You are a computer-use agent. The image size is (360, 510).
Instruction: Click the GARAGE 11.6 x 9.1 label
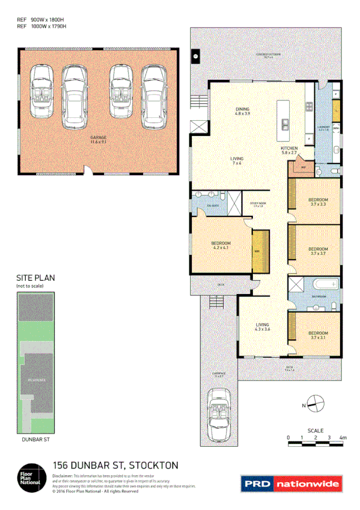click(x=98, y=140)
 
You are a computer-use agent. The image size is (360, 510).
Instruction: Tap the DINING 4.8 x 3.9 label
click(x=242, y=111)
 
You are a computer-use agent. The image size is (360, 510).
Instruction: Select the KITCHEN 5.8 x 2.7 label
click(x=289, y=150)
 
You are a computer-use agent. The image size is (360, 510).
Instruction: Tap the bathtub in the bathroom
click(x=324, y=285)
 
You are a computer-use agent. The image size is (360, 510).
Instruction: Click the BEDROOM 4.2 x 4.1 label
click(x=221, y=245)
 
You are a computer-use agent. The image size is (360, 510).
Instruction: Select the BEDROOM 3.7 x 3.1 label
click(x=318, y=335)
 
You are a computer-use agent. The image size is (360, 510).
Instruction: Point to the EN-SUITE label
click(x=213, y=206)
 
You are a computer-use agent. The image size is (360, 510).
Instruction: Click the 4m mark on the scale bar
click(x=343, y=437)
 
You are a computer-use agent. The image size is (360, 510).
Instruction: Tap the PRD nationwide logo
click(x=291, y=483)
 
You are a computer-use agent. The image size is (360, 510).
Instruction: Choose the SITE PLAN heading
click(x=35, y=278)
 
